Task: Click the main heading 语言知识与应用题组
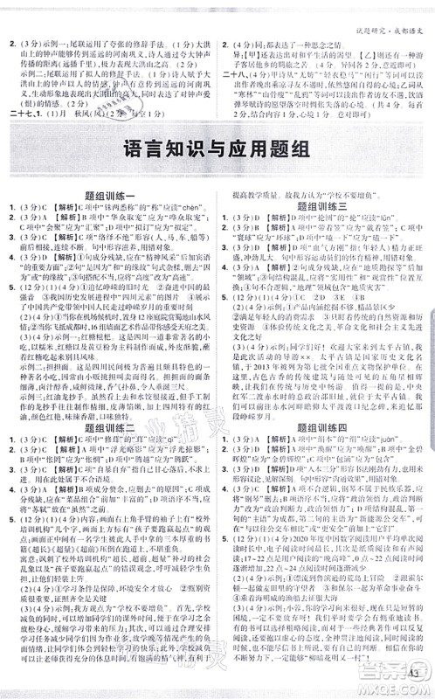[217, 173]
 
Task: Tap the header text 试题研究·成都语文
[384, 9]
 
